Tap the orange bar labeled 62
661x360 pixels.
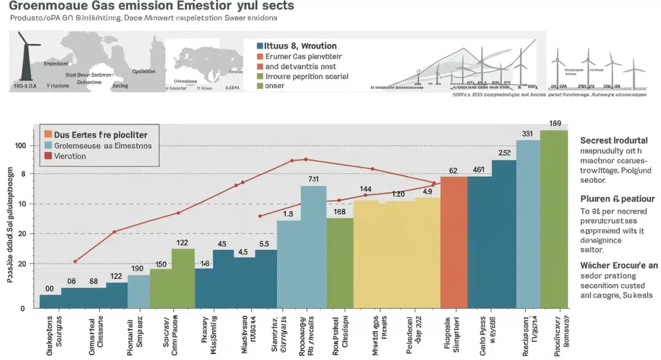tap(454, 242)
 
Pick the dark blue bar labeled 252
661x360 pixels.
tap(504, 233)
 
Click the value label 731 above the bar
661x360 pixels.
tap(313, 179)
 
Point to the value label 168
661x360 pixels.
tap(339, 211)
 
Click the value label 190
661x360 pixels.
tap(138, 269)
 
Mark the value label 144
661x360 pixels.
tap(366, 189)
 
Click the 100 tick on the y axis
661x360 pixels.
tap(20, 146)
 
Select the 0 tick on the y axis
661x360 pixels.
tap(23, 308)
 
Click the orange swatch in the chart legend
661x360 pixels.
tap(48, 134)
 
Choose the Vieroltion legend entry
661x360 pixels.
tap(70, 156)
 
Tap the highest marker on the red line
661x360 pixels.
tap(305, 159)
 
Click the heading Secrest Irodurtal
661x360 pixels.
tap(614, 140)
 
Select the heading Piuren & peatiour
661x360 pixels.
tap(617, 199)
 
